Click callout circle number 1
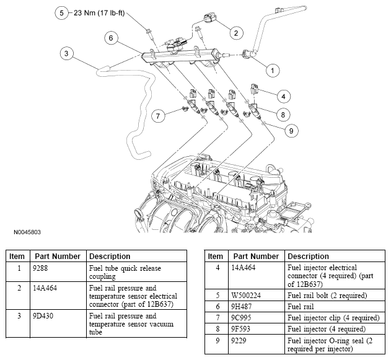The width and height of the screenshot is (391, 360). click(270, 71)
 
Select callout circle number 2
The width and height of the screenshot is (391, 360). click(235, 32)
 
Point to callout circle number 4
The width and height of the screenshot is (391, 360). click(283, 96)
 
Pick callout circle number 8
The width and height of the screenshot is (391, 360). click(283, 114)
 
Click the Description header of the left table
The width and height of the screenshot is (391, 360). click(110, 256)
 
